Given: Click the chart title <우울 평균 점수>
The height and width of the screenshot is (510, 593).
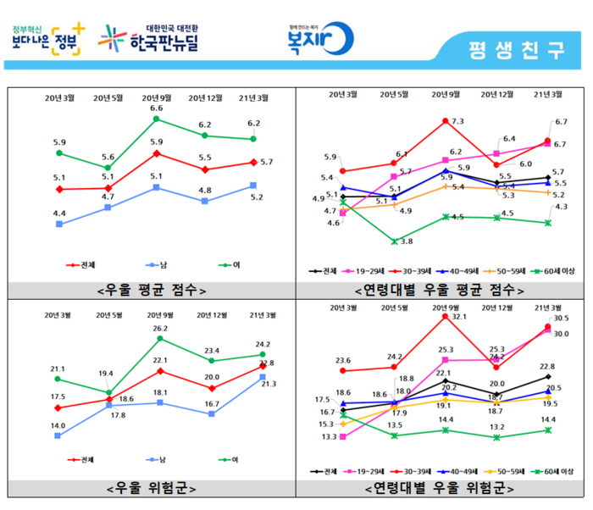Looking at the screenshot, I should tap(152, 290).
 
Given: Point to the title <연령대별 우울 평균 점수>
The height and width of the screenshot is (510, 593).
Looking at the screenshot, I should tap(439, 290).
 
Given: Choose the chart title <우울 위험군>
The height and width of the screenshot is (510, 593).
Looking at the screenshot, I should tap(152, 488).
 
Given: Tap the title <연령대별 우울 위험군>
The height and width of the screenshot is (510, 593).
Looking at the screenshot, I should tap(439, 488).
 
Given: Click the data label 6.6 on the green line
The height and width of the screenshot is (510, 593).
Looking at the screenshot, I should tap(157, 108).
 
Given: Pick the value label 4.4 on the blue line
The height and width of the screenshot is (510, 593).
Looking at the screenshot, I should tap(59, 213).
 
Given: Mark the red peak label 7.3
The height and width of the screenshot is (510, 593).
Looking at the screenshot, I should tap(457, 122).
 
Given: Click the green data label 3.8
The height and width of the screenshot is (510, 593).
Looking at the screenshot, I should tap(406, 241).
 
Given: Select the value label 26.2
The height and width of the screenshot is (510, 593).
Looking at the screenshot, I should tap(160, 328).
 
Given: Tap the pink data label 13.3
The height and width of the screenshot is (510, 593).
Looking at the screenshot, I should tap(330, 437).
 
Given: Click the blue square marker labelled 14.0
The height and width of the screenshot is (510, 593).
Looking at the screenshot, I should tap(58, 435).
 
